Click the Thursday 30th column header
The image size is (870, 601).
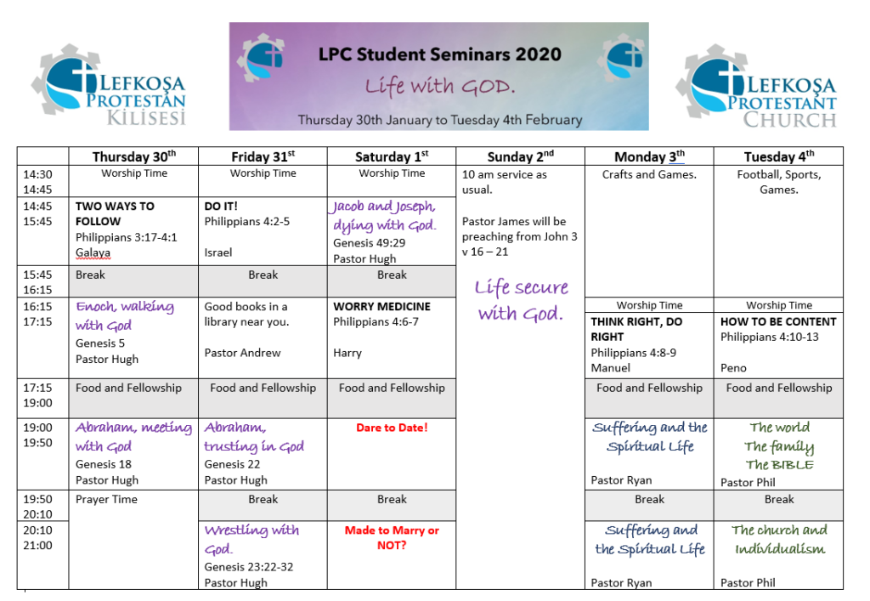133,157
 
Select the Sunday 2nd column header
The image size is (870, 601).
521,157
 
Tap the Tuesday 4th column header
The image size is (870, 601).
779,157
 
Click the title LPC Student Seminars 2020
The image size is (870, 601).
439,54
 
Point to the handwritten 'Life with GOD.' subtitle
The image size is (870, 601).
439,87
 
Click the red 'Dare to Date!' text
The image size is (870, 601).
392,428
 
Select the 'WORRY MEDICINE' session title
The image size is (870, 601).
381,306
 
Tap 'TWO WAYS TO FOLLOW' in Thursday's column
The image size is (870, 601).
115,213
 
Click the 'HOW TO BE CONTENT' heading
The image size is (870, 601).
778,322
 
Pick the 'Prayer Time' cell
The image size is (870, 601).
106,500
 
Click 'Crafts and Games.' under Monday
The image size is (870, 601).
649,175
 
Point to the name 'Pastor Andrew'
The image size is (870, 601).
242,353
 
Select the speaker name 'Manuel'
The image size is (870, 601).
610,368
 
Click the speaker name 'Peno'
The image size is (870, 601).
733,368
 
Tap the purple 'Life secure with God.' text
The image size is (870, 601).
521,300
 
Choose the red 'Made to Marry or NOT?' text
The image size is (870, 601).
392,538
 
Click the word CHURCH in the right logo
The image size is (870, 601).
789,120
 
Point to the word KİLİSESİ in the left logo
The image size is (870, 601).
146,117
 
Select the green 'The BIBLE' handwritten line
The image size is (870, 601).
779,464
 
